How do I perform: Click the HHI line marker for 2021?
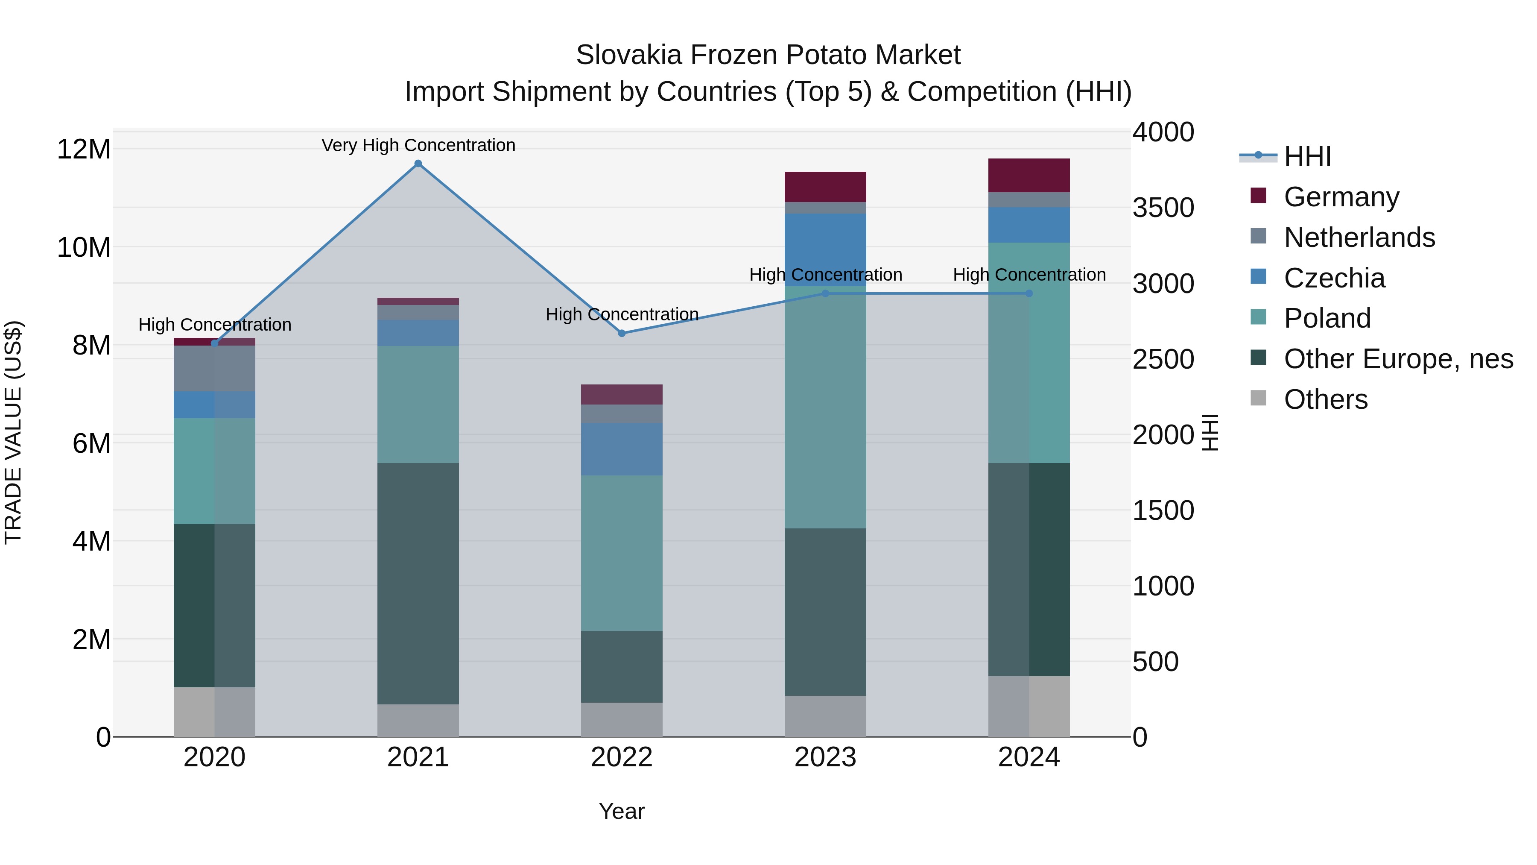click(x=418, y=164)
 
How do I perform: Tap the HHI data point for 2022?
click(x=622, y=333)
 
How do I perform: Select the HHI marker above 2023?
click(x=825, y=293)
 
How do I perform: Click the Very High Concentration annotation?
click(x=418, y=145)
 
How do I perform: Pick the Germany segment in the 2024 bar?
click(x=1029, y=176)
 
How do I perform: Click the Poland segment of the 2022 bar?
click(x=622, y=552)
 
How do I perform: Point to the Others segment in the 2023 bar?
click(x=825, y=716)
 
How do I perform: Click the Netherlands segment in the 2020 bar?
click(x=215, y=368)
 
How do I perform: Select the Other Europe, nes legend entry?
click(x=1397, y=359)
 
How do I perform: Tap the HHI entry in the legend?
click(x=1307, y=156)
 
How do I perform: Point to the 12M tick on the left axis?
click(x=84, y=149)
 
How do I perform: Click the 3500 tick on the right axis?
click(x=1163, y=208)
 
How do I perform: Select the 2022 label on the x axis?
click(x=622, y=757)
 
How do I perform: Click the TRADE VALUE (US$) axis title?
click(x=14, y=432)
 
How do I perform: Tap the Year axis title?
click(x=622, y=811)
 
